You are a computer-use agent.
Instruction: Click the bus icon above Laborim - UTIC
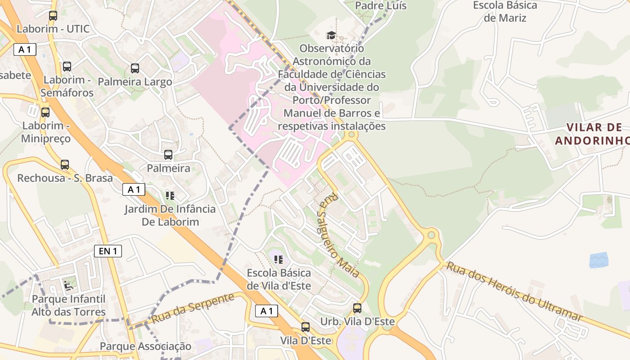click(53, 16)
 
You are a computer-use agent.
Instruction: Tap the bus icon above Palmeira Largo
click(135, 68)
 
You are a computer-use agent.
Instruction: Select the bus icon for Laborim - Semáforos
click(67, 67)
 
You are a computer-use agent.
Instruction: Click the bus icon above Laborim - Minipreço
click(45, 112)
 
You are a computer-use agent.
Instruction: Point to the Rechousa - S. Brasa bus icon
click(65, 165)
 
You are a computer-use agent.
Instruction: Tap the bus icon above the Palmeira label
click(168, 155)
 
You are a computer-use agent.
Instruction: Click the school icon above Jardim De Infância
click(170, 195)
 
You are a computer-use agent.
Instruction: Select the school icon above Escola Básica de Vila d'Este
click(279, 259)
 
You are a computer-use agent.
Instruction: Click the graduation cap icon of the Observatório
click(331, 35)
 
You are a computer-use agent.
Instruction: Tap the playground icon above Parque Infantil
click(69, 285)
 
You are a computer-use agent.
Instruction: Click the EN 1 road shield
click(108, 251)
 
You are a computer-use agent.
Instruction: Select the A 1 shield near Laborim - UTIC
click(25, 49)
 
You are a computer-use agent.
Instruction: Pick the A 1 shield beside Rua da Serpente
click(266, 310)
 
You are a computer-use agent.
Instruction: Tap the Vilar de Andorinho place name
click(592, 134)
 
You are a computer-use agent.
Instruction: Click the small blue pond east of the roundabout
click(598, 260)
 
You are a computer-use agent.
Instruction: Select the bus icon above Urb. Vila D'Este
click(357, 308)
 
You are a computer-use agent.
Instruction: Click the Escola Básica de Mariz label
click(505, 12)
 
